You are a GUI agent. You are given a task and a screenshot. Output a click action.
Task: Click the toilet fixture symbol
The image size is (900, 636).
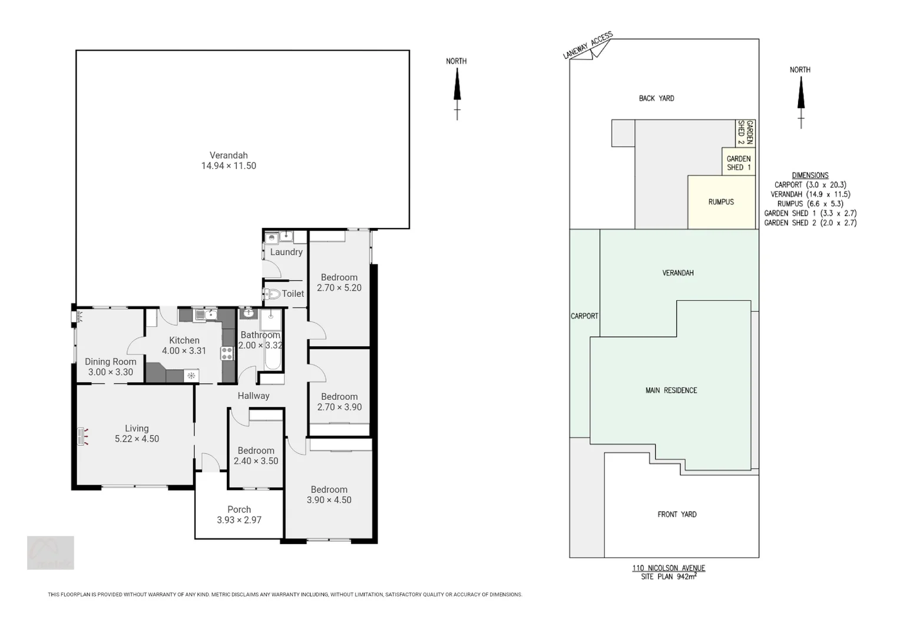[272, 294]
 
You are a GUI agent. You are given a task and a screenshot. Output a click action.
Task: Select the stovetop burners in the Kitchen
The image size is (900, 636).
[227, 353]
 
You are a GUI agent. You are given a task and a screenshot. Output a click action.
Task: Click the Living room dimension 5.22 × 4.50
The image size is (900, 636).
[137, 439]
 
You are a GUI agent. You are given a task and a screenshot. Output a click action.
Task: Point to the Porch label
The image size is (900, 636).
[239, 509]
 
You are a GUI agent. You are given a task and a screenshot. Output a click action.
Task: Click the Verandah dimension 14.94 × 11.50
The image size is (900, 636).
[229, 166]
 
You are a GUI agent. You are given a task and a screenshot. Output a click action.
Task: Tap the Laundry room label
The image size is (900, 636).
[286, 252]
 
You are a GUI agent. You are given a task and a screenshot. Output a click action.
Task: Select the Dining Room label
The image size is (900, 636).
[110, 362]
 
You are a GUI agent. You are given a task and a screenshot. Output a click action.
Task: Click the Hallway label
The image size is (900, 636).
[253, 396]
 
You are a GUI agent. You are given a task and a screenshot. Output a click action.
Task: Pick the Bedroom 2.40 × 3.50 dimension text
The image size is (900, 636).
[256, 461]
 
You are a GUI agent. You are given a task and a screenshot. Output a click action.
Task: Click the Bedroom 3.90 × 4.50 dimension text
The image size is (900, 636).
[329, 500]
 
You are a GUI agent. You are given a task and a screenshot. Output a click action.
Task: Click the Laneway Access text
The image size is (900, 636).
[587, 45]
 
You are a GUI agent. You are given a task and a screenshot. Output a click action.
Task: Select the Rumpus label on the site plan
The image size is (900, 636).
[721, 202]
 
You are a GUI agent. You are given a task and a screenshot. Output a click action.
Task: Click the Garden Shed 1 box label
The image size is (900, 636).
[739, 163]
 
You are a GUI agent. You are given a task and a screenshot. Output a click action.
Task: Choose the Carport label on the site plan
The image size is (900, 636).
[584, 316]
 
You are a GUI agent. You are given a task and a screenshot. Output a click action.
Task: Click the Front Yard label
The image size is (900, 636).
[677, 514]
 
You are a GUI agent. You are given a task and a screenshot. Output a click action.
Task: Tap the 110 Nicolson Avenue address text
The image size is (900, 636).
[669, 568]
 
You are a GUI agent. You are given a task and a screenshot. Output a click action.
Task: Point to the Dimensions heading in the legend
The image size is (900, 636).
[810, 175]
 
